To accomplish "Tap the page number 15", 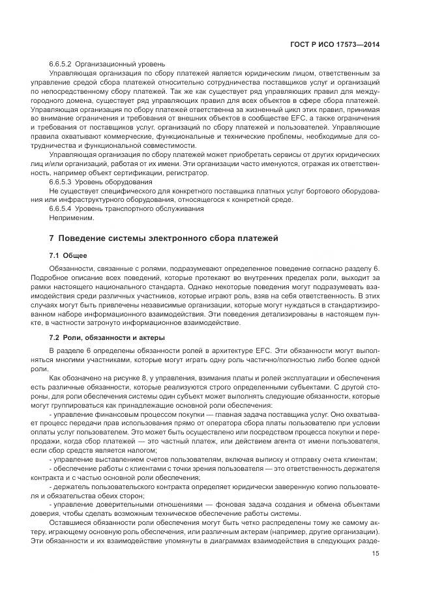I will [376, 554].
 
